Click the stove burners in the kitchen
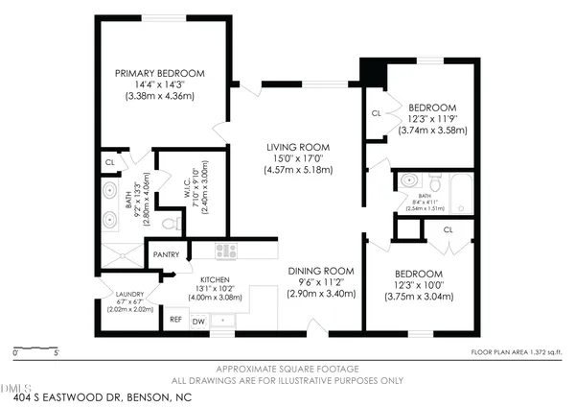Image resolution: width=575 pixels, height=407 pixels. pos(227,251)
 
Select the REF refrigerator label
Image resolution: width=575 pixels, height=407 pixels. pos(175,320)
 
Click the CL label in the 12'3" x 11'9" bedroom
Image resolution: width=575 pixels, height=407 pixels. pos(377,114)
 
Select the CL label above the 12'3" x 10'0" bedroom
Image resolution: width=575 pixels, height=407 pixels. pos(448,230)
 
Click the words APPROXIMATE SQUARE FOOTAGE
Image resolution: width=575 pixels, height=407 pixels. pos(287,369)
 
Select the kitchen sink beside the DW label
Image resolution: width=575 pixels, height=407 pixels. pos(222,320)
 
